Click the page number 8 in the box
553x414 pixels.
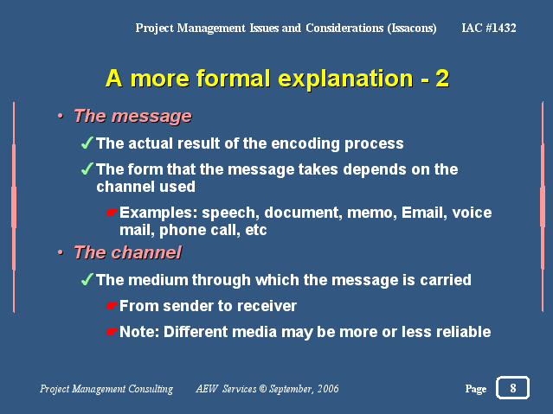513,388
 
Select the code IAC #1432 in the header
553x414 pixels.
489,28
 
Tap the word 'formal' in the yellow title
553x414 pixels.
234,78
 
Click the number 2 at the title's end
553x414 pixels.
442,79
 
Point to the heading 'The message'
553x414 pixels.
132,116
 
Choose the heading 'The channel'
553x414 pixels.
128,252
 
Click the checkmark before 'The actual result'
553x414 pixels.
87,143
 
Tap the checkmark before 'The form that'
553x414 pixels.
87,169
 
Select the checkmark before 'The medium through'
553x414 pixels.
87,279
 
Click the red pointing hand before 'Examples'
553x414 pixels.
111,213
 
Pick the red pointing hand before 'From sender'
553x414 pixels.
111,306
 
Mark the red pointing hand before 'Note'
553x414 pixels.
111,332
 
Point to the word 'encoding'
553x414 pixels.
305,143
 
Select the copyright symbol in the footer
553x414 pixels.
263,389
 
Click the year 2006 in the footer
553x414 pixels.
328,389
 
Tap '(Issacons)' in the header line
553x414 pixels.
412,29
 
